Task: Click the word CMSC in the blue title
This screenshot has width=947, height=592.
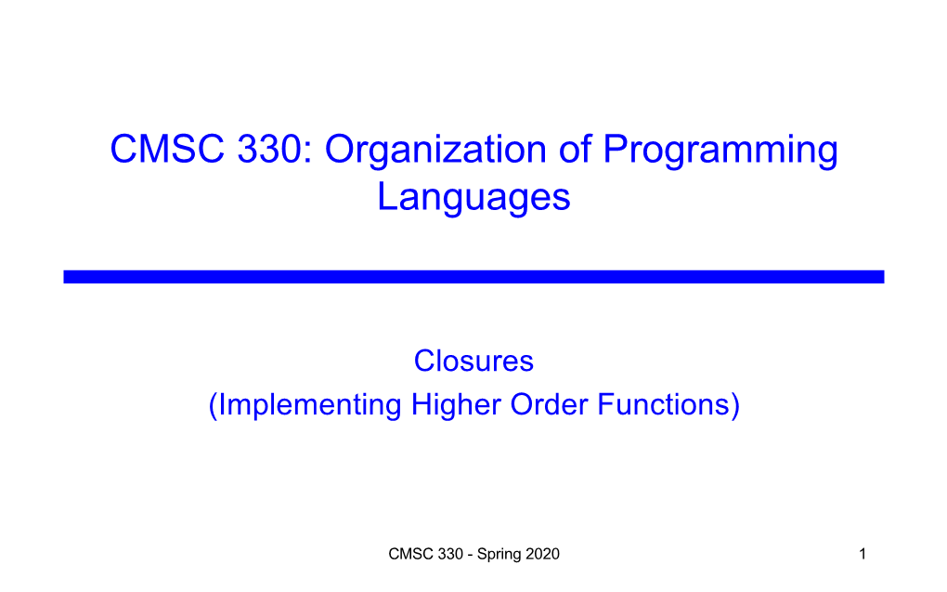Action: click(167, 149)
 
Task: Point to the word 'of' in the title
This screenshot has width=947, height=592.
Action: click(575, 148)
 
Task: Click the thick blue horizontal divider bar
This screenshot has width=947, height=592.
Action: click(473, 277)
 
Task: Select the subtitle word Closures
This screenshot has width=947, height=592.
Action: click(473, 361)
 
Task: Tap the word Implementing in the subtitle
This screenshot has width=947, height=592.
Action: click(308, 405)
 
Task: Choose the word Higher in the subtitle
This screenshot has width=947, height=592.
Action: click(456, 405)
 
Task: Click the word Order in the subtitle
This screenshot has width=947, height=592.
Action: click(549, 404)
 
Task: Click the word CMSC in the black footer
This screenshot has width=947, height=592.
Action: click(409, 554)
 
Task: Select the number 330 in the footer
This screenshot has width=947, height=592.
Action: click(450, 554)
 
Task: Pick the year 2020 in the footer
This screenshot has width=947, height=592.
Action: click(542, 554)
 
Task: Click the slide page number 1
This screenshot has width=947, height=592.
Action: click(863, 554)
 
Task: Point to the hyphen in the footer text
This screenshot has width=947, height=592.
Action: click(471, 555)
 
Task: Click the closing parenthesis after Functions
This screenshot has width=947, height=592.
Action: click(735, 405)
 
